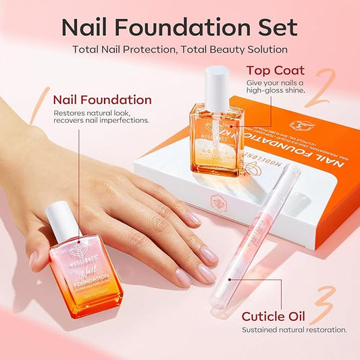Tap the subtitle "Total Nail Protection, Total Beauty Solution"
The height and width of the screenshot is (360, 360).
[x=180, y=49]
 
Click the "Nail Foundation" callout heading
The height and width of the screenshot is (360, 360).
[x=103, y=100]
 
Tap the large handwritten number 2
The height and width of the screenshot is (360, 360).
[x=317, y=87]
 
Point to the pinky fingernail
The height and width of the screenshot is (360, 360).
[x=194, y=218]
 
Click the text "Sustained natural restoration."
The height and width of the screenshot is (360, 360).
[x=295, y=330]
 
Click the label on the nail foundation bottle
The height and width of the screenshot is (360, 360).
[x=84, y=267]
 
